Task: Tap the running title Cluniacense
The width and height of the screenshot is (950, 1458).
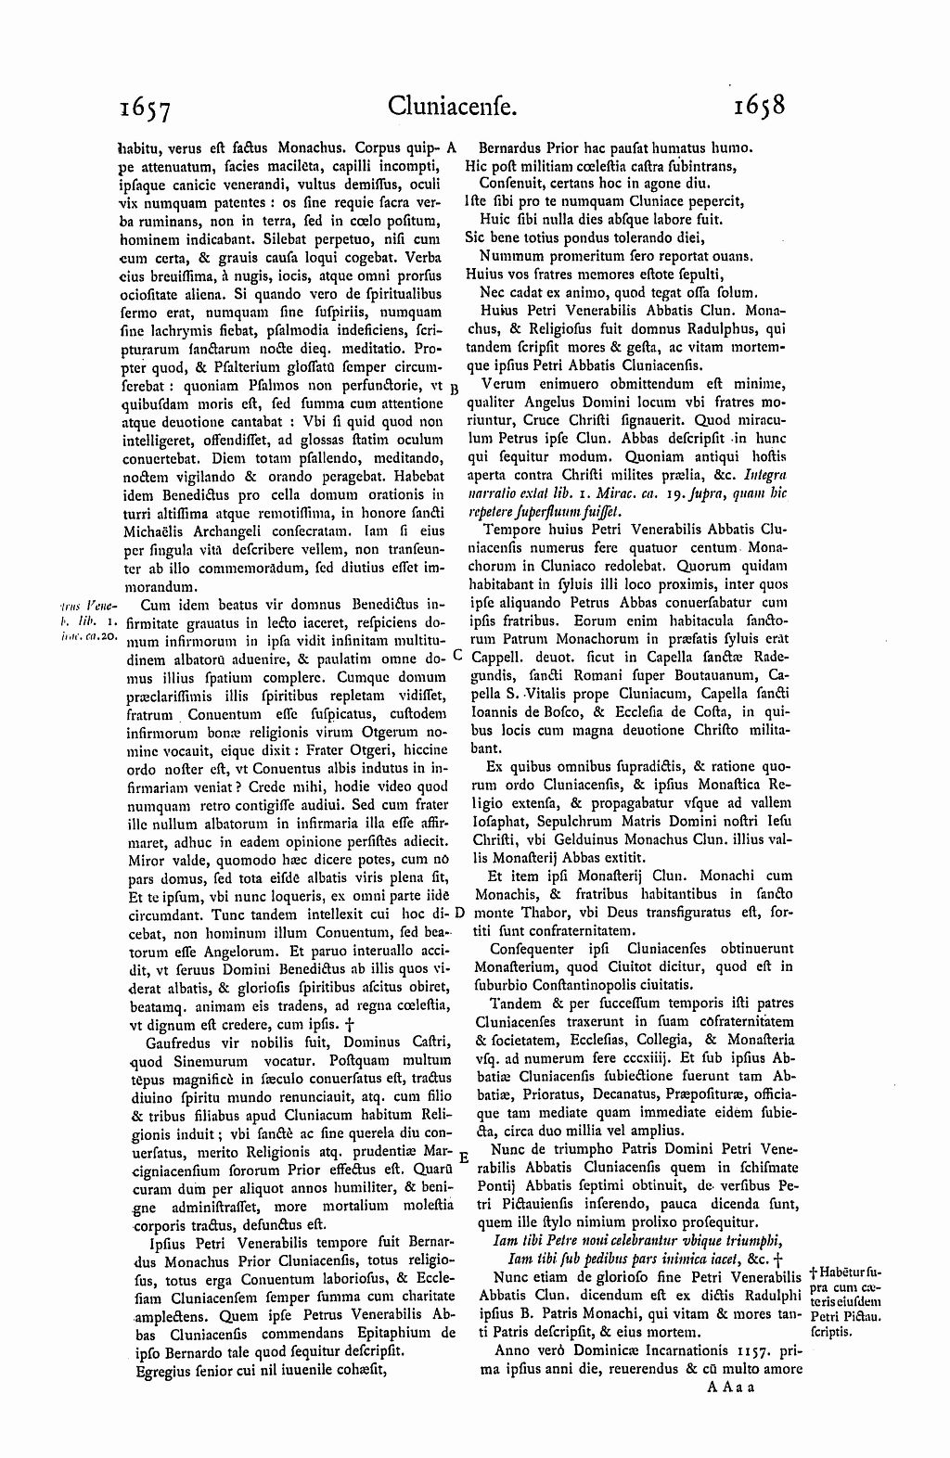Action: coord(453,107)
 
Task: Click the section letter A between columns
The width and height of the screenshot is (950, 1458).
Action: coord(452,147)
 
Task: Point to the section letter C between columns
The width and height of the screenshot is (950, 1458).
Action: coord(456,655)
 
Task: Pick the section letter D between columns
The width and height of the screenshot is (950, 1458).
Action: coord(458,914)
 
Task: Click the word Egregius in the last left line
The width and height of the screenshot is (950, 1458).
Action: coord(163,1368)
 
